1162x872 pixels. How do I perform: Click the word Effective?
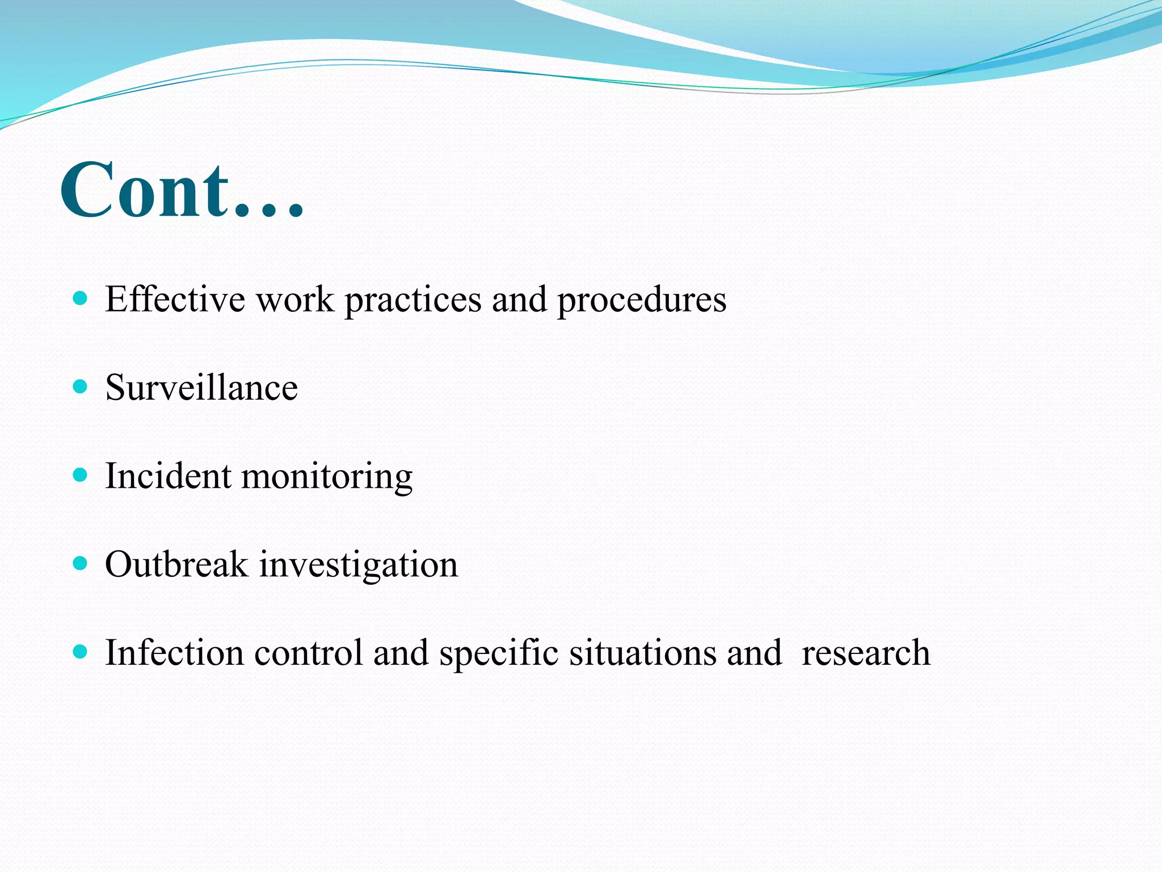tap(175, 299)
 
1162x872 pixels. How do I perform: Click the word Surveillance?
tap(201, 388)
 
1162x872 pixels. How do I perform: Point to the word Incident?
tap(168, 476)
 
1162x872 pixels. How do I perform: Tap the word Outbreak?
tap(176, 564)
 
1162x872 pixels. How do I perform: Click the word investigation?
tap(359, 567)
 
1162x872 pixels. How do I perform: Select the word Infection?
tap(174, 652)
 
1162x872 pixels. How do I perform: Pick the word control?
tap(308, 652)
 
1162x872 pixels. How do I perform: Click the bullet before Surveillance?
tap(81, 387)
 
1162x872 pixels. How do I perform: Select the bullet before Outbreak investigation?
tap(81, 563)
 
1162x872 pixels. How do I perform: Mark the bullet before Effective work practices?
tap(81, 298)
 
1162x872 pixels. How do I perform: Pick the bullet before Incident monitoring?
tap(81, 475)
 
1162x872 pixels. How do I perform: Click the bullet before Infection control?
tap(81, 651)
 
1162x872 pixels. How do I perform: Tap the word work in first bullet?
tap(295, 299)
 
